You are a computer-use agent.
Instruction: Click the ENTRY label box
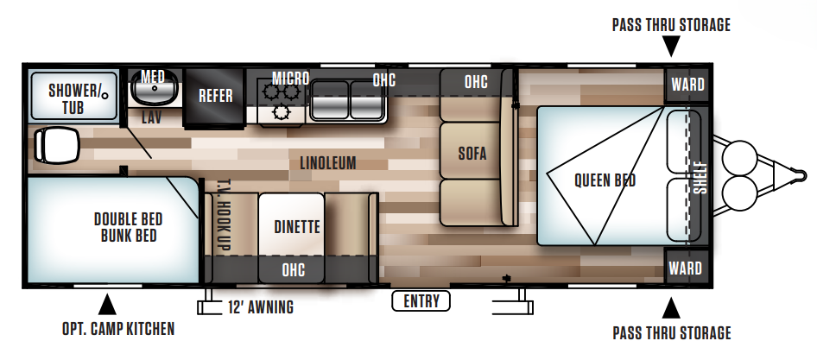(421, 301)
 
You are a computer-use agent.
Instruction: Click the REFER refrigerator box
(216, 95)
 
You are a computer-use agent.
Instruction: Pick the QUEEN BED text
(605, 180)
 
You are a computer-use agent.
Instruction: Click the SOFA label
(472, 154)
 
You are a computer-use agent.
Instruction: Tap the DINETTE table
(296, 226)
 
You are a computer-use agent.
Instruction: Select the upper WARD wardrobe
(687, 85)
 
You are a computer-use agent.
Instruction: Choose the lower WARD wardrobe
(687, 268)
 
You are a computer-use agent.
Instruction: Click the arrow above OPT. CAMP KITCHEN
(107, 304)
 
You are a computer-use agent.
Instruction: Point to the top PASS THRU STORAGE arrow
(671, 48)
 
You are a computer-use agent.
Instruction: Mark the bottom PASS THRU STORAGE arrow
(671, 307)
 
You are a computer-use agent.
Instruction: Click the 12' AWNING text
(260, 306)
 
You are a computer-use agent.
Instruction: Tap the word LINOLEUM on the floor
(328, 162)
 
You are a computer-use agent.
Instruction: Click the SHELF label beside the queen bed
(699, 177)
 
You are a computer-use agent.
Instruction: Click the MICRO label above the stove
(290, 79)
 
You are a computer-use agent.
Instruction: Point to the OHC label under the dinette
(293, 270)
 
